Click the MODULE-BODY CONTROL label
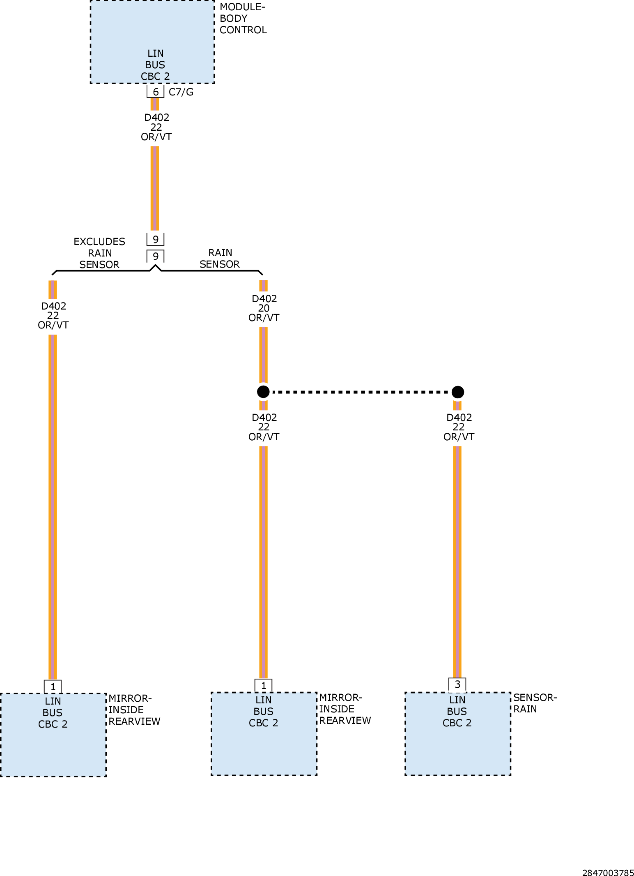click(243, 18)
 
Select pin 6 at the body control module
click(155, 92)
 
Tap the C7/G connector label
click(181, 92)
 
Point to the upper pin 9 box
click(155, 239)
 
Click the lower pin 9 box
click(155, 256)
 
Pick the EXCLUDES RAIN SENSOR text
click(99, 253)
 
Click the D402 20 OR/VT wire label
click(264, 308)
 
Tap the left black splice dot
click(263, 392)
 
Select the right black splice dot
click(458, 392)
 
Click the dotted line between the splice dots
click(361, 392)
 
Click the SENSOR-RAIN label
click(535, 703)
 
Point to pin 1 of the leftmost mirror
click(53, 686)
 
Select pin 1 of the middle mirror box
click(264, 685)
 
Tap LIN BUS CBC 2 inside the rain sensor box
click(457, 711)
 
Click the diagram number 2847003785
click(608, 872)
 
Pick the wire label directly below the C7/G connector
click(156, 127)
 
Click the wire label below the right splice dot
click(459, 427)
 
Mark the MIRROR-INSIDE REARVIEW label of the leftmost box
click(134, 710)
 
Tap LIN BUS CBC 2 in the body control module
click(155, 65)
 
